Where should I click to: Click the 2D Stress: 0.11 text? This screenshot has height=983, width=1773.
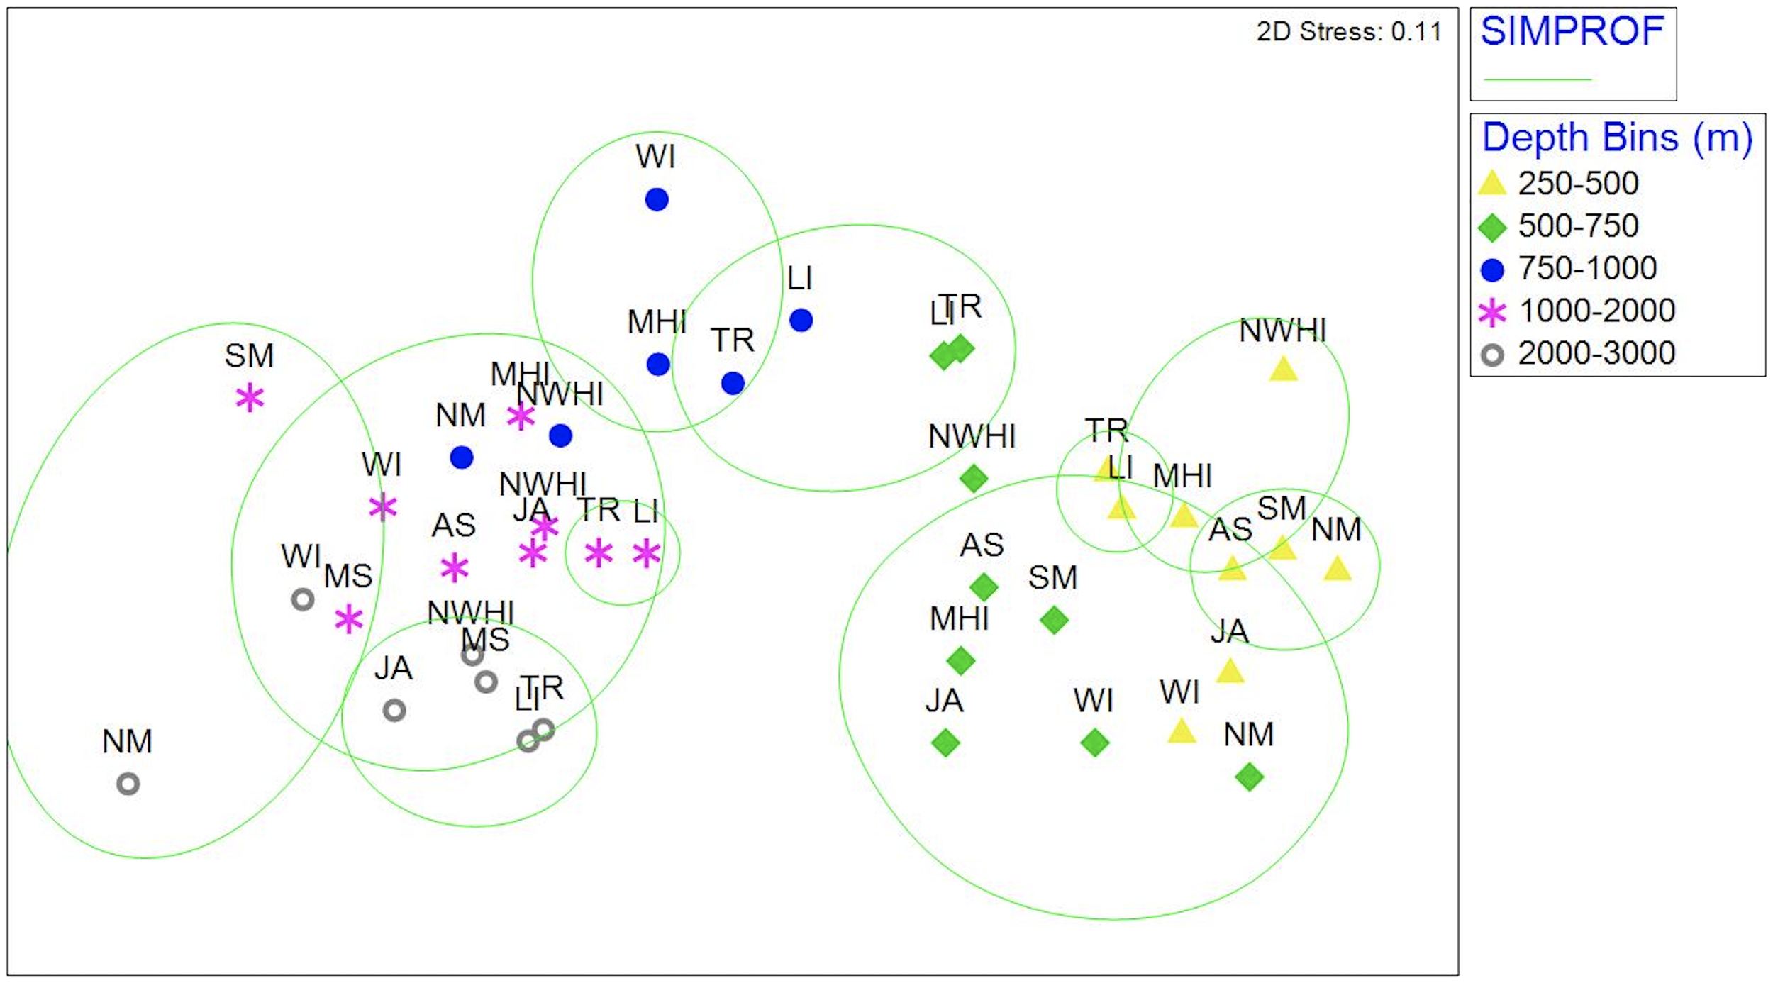(x=1348, y=32)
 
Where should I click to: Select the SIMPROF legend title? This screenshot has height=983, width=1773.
(x=1572, y=31)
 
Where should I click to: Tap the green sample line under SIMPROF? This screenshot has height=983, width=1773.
(x=1538, y=79)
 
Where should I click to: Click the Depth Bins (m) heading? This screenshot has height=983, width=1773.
(x=1616, y=138)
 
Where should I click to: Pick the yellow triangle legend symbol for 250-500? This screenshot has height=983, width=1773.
(x=1491, y=184)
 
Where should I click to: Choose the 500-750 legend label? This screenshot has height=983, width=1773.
(x=1578, y=226)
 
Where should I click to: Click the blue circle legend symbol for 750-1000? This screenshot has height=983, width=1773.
(x=1492, y=270)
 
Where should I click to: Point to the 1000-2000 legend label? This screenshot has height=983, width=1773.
(x=1596, y=311)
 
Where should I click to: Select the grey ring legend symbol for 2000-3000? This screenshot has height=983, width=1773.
(x=1492, y=355)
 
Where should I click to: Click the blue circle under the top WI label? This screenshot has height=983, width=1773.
(x=657, y=200)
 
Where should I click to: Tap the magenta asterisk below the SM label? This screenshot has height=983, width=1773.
(x=250, y=398)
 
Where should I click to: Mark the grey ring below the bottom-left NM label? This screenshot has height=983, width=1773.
(x=128, y=784)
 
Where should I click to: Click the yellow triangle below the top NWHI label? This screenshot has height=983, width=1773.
(x=1283, y=370)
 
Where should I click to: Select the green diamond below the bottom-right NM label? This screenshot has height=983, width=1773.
(x=1249, y=777)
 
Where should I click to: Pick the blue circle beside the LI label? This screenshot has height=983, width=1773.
(x=801, y=321)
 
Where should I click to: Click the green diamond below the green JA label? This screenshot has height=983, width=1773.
(x=945, y=743)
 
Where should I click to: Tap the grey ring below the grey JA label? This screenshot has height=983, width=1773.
(x=394, y=710)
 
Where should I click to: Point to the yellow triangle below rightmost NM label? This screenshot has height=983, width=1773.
(x=1337, y=569)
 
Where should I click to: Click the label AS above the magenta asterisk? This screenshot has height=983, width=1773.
(x=453, y=526)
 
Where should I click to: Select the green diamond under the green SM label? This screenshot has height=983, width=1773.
(x=1054, y=621)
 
